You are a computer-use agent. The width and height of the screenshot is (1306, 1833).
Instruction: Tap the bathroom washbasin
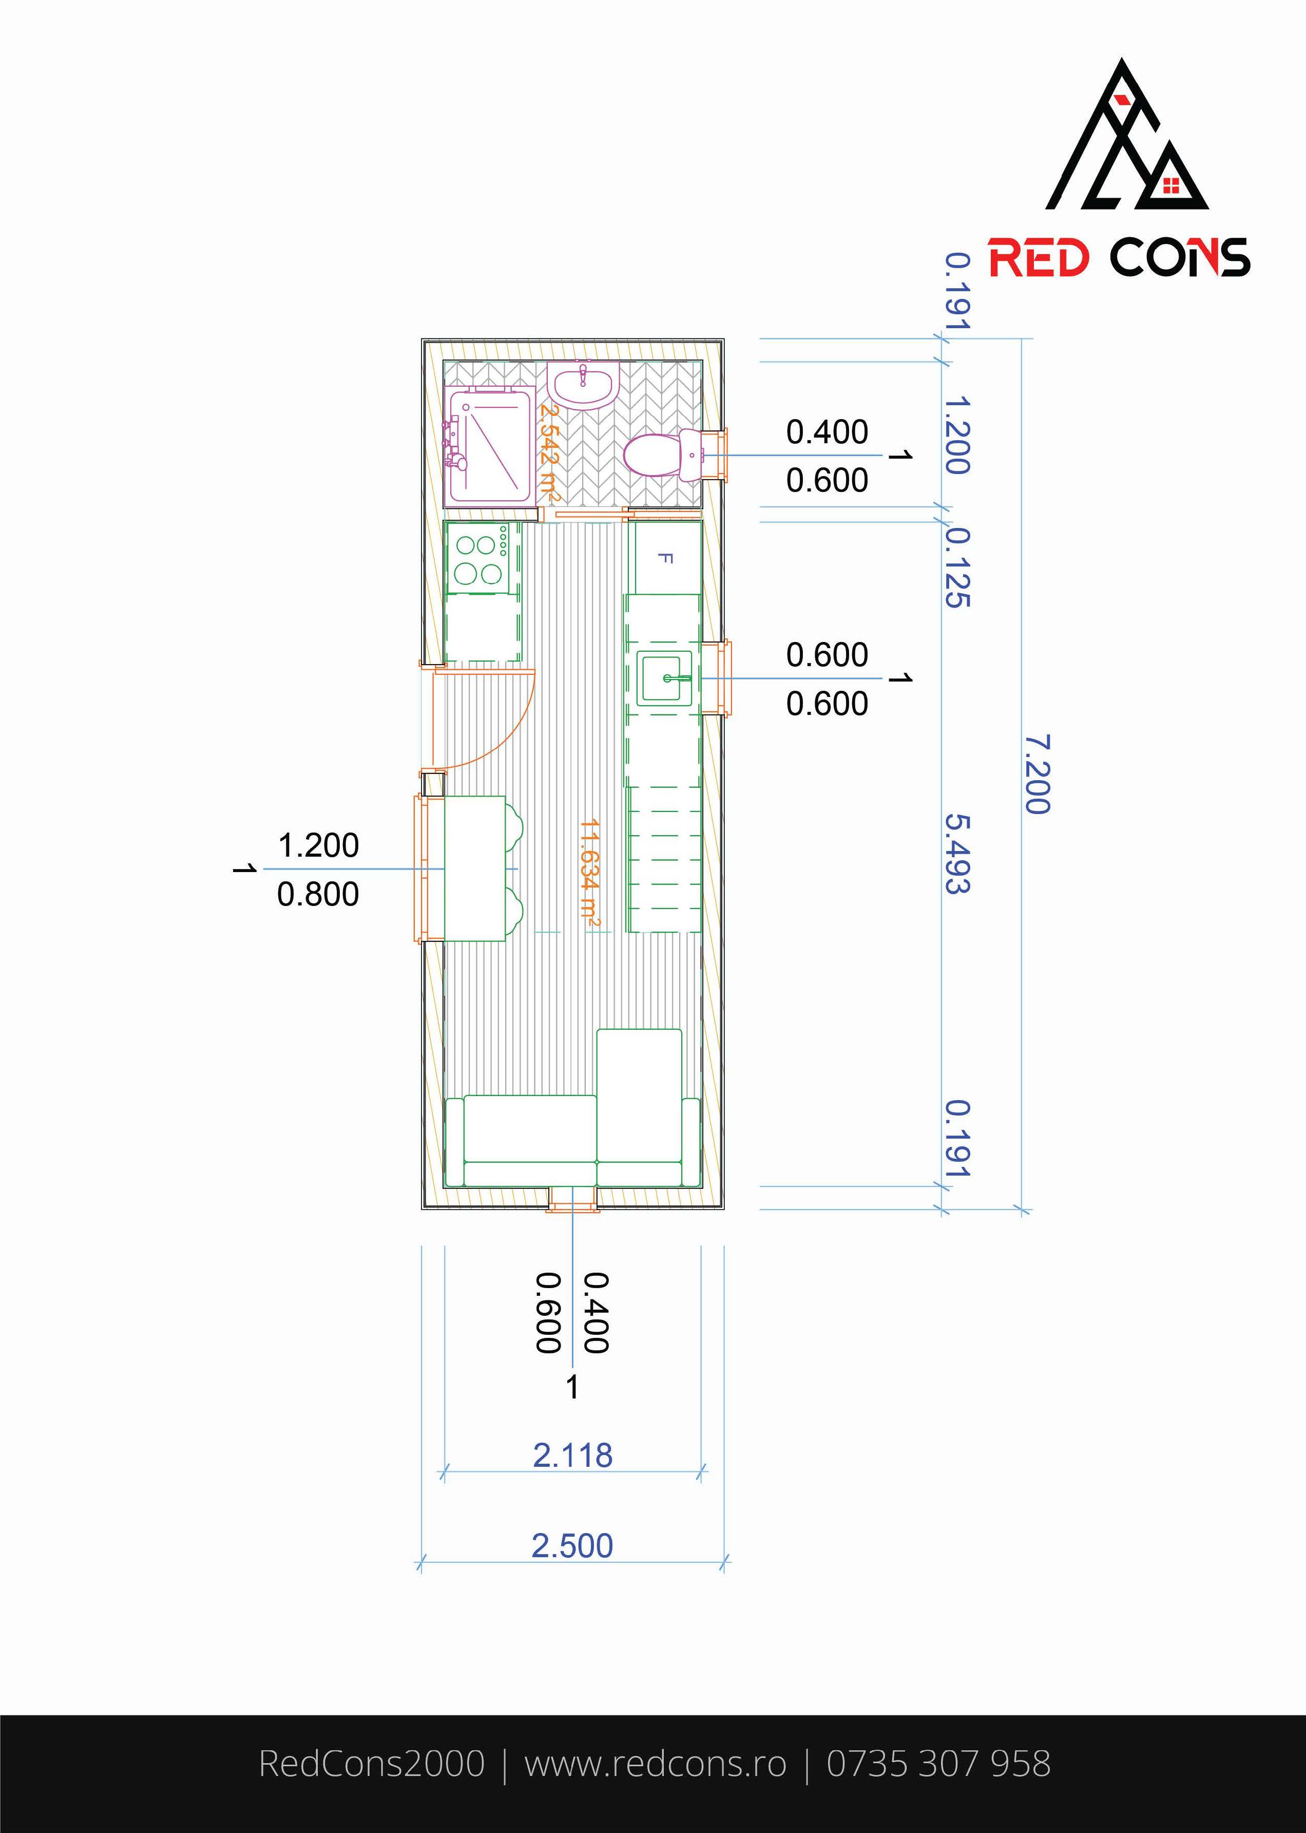(x=582, y=385)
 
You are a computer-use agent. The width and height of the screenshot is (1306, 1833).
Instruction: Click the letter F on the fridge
(x=665, y=558)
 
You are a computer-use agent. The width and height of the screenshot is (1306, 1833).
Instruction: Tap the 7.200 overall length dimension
(x=1038, y=774)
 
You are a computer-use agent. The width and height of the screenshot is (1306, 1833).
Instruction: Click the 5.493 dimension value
(x=957, y=854)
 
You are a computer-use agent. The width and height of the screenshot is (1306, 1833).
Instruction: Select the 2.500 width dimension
(x=572, y=1546)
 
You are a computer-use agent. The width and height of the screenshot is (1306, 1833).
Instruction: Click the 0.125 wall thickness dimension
(x=957, y=567)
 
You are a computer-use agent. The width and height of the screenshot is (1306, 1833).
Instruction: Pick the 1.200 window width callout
(x=318, y=845)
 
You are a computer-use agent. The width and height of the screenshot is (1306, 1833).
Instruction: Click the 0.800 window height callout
(x=318, y=894)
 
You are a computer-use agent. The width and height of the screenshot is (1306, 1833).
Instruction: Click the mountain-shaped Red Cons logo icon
(x=1127, y=135)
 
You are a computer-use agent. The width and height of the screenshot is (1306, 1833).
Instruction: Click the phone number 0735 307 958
(x=938, y=1763)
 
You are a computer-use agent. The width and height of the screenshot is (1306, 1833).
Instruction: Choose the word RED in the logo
(x=1039, y=258)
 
